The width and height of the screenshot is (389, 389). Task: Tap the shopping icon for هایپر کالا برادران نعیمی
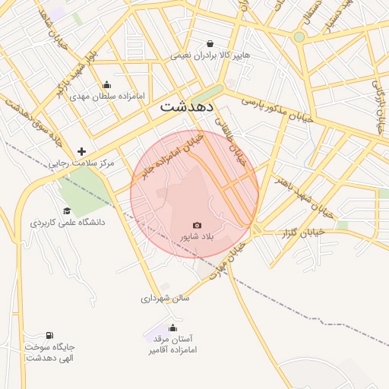[x=210, y=43]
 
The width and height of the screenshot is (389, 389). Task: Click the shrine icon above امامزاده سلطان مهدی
[x=106, y=84]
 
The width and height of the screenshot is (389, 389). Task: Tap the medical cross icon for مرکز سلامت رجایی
[x=82, y=151]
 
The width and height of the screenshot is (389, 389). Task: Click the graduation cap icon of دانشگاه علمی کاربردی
[x=67, y=210]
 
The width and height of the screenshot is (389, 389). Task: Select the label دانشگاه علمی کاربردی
[x=68, y=223]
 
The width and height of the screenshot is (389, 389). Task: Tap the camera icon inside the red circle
[x=197, y=225]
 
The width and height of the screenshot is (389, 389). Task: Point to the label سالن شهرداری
[x=165, y=299]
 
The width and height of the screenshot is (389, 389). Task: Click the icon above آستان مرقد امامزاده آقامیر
[x=172, y=327]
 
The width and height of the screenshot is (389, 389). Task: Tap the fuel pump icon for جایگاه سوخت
[x=49, y=335]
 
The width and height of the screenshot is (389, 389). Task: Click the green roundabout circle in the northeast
[x=299, y=36]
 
